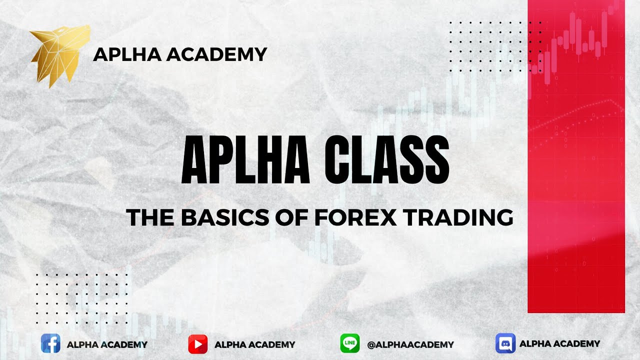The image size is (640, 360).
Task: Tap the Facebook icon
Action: click(x=50, y=344)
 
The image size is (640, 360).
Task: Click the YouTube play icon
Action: click(x=198, y=344)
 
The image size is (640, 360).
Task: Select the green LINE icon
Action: click(x=349, y=344)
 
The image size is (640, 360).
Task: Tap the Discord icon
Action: click(x=505, y=343)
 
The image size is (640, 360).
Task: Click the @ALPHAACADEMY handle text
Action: click(x=410, y=344)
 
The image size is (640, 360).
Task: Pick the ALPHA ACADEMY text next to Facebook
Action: click(x=107, y=344)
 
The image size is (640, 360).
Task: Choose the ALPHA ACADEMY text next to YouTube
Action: click(x=254, y=344)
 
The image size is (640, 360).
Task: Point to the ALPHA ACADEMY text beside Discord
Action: click(x=559, y=343)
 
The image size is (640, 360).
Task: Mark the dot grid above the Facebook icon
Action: click(x=81, y=298)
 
